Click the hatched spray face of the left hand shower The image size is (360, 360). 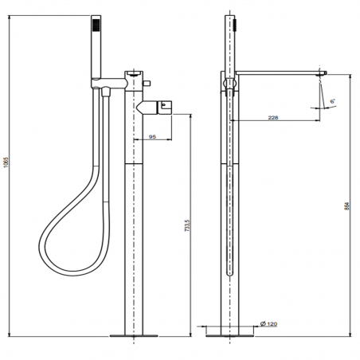[96, 25]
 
